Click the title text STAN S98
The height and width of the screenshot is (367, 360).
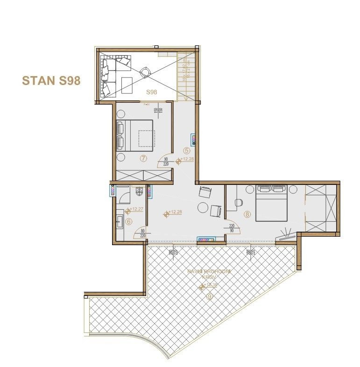click(51, 81)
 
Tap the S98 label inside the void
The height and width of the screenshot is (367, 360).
click(151, 92)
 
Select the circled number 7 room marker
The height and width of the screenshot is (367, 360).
click(143, 158)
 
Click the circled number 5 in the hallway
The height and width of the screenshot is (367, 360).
click(187, 151)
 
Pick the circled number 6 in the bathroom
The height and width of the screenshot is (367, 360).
click(128, 222)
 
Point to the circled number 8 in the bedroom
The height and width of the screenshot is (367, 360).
click(247, 214)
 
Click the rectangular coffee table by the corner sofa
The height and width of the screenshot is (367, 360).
click(127, 85)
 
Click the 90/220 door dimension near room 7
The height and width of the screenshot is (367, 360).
click(166, 162)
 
